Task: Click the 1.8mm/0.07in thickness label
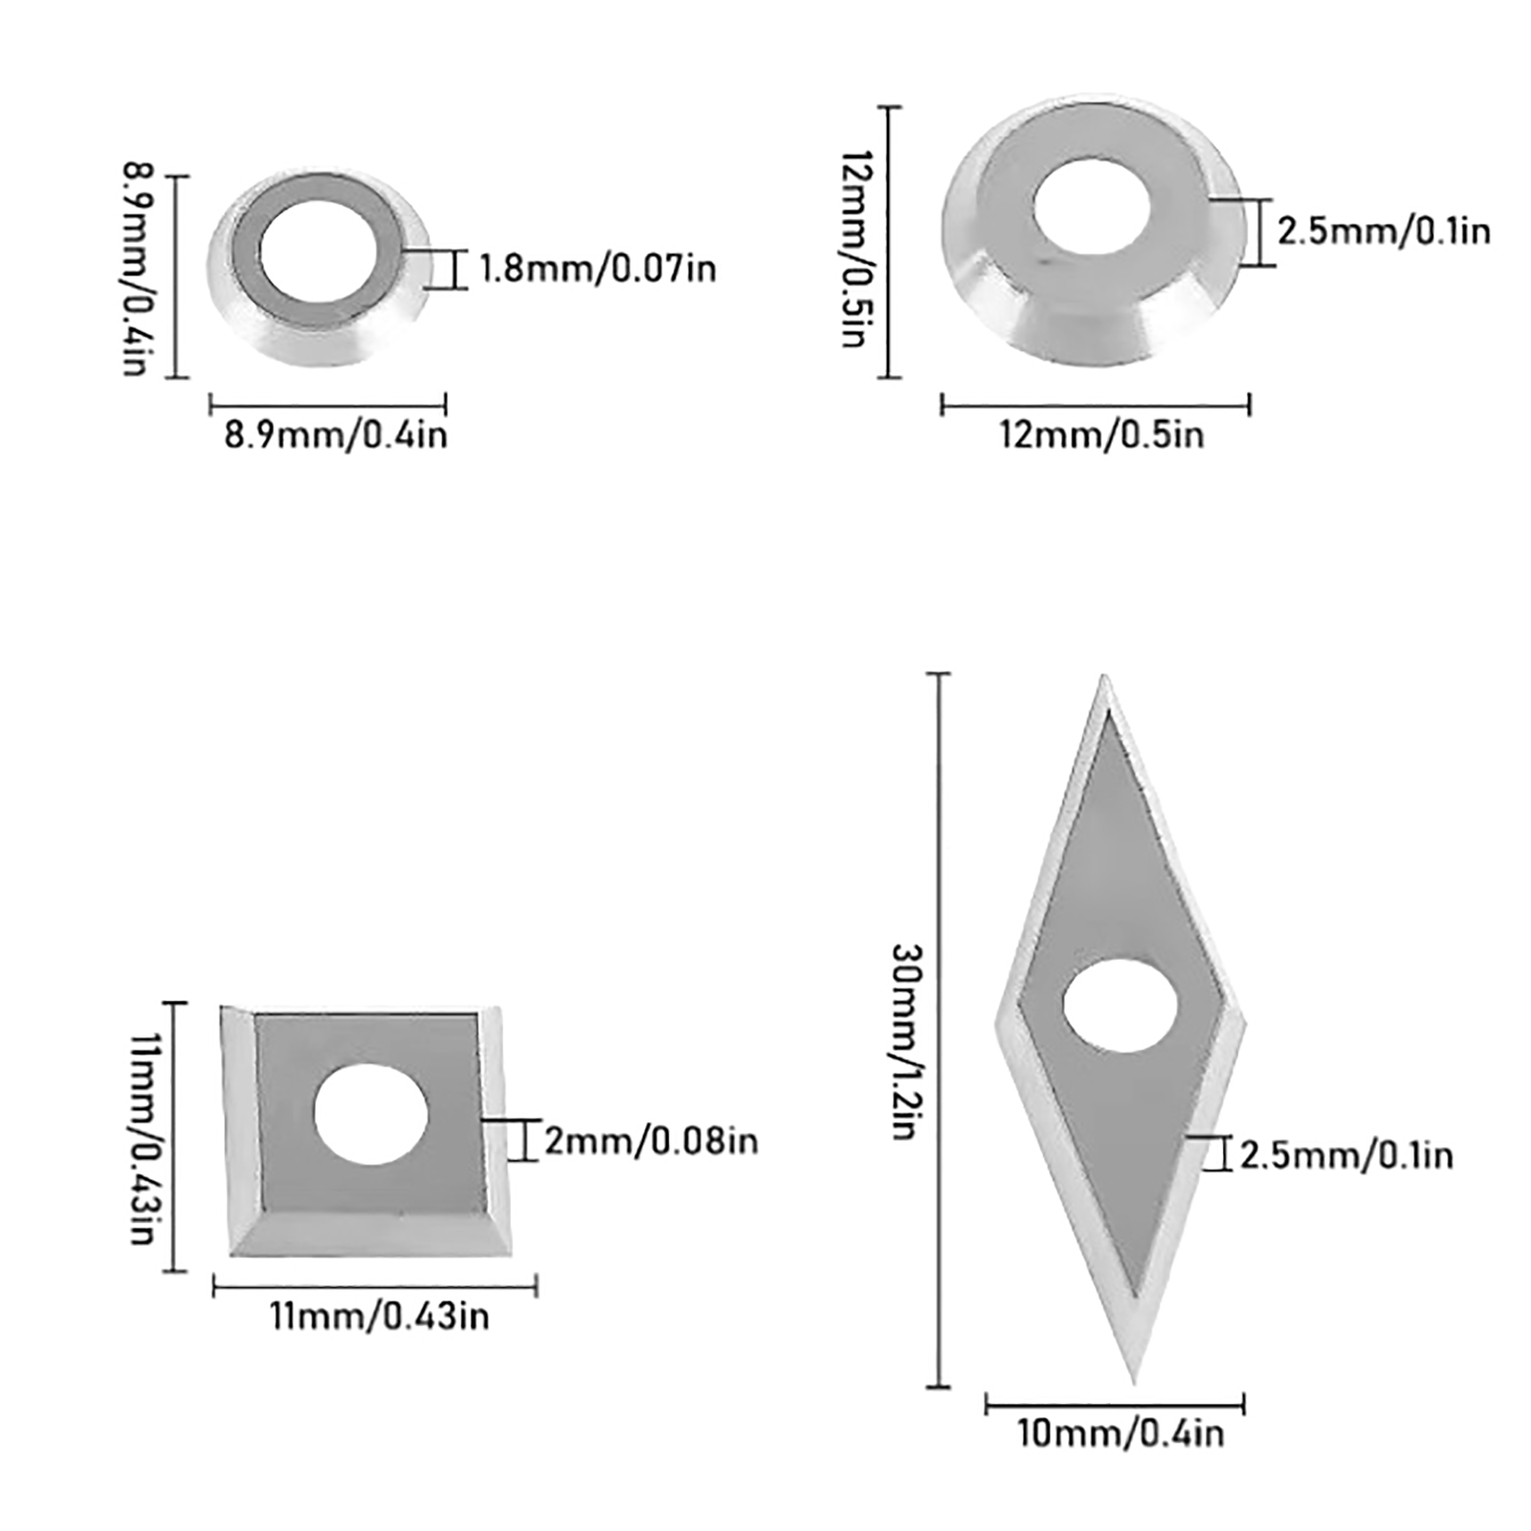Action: [597, 269]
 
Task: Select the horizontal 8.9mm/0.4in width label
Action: [336, 435]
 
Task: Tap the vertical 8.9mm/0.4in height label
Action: [137, 269]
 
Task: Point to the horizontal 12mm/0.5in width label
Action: [1101, 435]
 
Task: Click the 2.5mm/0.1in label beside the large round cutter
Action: [1384, 232]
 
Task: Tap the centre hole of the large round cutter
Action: [1092, 208]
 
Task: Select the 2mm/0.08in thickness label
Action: [652, 1141]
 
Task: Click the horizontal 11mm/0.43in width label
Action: [379, 1317]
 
